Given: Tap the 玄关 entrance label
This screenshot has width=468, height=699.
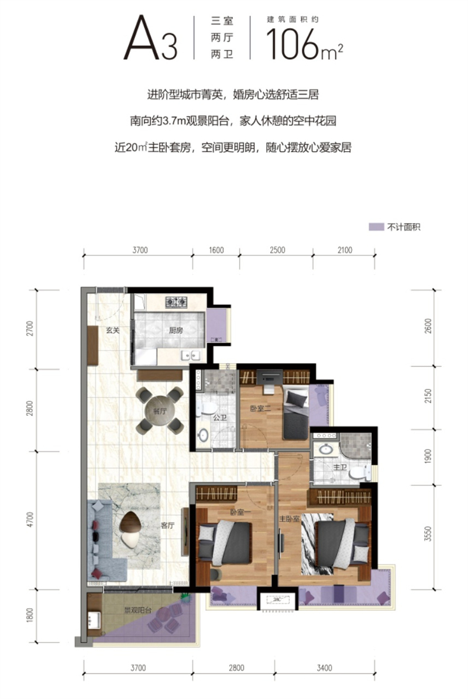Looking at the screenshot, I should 113,331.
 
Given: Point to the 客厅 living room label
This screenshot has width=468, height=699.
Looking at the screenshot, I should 168,525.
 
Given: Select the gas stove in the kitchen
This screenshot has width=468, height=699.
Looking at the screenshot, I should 176,302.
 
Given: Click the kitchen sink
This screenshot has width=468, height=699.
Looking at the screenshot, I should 191,355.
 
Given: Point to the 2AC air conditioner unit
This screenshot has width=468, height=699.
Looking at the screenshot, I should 278,599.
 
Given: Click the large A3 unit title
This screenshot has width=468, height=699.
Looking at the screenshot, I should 150,40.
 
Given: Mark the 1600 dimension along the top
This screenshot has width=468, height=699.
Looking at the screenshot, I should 216,251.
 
